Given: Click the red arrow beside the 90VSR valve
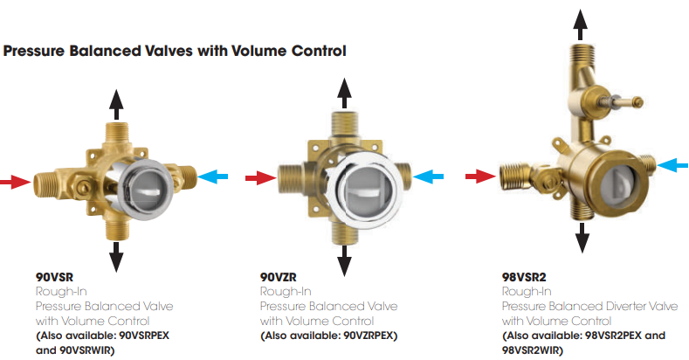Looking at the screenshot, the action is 15,183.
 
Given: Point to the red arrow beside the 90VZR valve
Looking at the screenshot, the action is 259,178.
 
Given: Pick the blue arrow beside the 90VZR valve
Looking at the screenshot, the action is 429,177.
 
